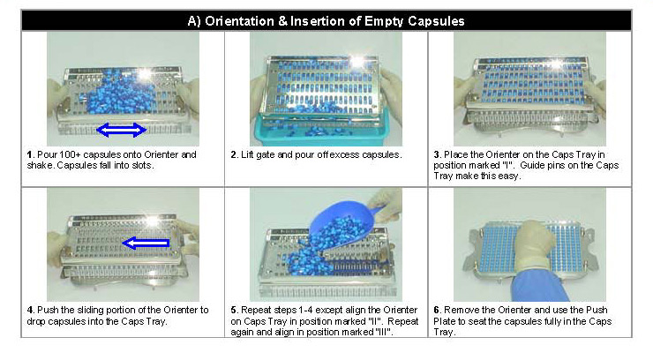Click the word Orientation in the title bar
pos(239,21)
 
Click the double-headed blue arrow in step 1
pos(121,130)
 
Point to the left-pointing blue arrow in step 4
pos(146,243)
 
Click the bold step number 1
pos(30,154)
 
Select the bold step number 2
pos(234,154)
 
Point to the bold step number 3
pos(437,154)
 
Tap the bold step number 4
pos(30,310)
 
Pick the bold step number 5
pos(234,310)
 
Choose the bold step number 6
pos(437,310)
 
